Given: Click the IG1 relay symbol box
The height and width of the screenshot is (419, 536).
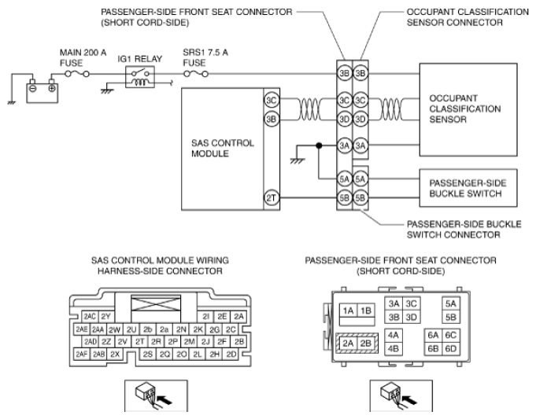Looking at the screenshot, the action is click(x=140, y=77).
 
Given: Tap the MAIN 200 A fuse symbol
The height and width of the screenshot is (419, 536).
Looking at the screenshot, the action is click(x=77, y=73).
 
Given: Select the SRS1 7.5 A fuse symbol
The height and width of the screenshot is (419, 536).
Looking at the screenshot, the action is click(x=196, y=73).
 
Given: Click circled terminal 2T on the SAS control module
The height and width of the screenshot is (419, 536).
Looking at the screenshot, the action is click(x=272, y=198).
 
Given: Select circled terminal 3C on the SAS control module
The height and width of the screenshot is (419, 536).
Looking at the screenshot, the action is click(x=272, y=100).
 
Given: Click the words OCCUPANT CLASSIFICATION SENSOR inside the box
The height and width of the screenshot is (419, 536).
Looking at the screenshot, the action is click(x=465, y=109).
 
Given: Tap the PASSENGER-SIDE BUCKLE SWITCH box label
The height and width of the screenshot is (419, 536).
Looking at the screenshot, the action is click(x=468, y=188).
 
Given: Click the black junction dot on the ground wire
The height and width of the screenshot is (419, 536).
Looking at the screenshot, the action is click(x=319, y=145).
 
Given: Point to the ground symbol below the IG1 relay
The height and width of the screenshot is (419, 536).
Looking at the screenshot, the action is click(x=107, y=91).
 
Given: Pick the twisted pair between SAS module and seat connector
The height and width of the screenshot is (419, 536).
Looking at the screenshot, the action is click(x=309, y=109).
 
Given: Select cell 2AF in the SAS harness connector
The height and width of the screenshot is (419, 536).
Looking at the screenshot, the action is click(x=82, y=354).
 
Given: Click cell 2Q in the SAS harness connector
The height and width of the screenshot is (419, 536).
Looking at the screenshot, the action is click(x=164, y=354).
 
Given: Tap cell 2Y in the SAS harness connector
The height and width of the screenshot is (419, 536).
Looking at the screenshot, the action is click(x=106, y=317).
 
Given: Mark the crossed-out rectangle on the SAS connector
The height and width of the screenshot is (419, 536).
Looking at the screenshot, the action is click(x=156, y=303).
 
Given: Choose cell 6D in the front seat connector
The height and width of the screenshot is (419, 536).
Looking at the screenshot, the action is click(x=450, y=349).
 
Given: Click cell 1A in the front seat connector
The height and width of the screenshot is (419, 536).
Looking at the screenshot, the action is click(x=348, y=311).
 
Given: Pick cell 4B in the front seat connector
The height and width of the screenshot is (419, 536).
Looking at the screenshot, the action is click(x=393, y=349).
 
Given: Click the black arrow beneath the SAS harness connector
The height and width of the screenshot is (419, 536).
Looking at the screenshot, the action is click(x=164, y=399).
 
